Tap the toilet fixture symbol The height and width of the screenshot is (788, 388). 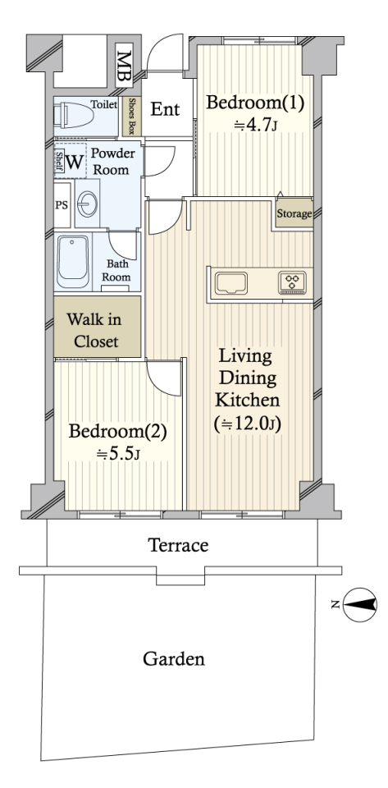(75, 116)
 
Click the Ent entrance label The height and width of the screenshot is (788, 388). (165, 109)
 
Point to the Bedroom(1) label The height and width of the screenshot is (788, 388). (255, 103)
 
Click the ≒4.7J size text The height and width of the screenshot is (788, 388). (255, 124)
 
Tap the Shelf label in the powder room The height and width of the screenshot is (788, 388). (59, 162)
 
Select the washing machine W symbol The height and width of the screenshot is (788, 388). (75, 162)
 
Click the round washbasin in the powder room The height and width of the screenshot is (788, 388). (87, 204)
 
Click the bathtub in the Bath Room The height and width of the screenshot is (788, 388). (73, 261)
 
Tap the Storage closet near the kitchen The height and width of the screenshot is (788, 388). (294, 214)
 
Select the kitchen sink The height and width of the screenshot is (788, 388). (231, 284)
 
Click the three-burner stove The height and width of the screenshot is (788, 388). (292, 283)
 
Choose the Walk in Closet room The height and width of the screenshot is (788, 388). (97, 327)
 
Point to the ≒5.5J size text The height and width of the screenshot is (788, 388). (118, 453)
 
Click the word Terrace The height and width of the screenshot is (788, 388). (179, 545)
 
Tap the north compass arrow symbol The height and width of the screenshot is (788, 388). (360, 605)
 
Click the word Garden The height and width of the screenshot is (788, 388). (174, 658)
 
